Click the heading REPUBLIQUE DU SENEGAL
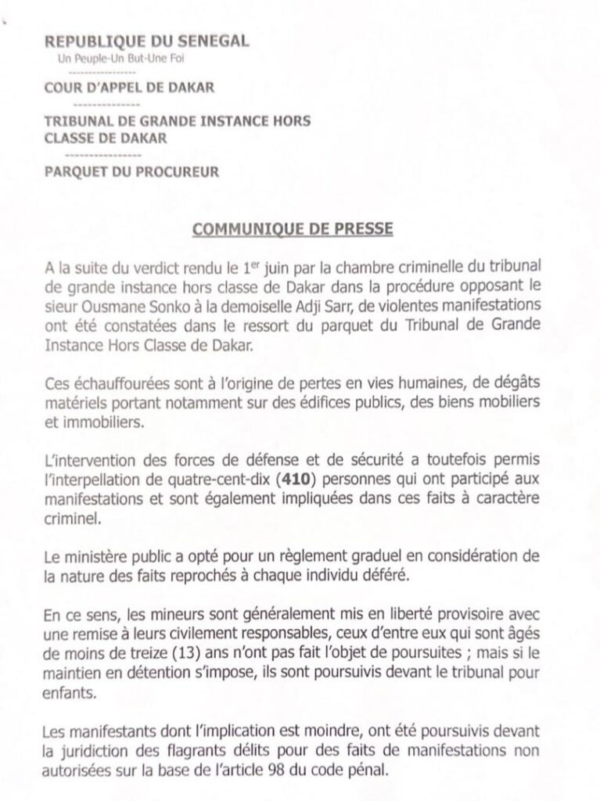146,41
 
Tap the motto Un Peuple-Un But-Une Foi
123,59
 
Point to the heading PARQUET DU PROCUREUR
131,171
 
